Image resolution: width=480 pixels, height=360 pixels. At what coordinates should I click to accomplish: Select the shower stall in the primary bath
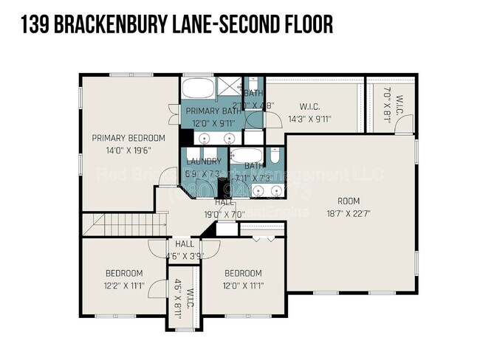[229, 89]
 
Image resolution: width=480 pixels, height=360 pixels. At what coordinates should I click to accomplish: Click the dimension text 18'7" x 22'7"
[349, 214]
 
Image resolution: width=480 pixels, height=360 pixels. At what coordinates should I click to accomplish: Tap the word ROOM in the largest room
[349, 201]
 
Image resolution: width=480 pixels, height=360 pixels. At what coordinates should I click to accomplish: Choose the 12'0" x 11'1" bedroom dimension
[244, 285]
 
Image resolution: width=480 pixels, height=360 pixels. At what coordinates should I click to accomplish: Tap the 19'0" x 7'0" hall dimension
[224, 214]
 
